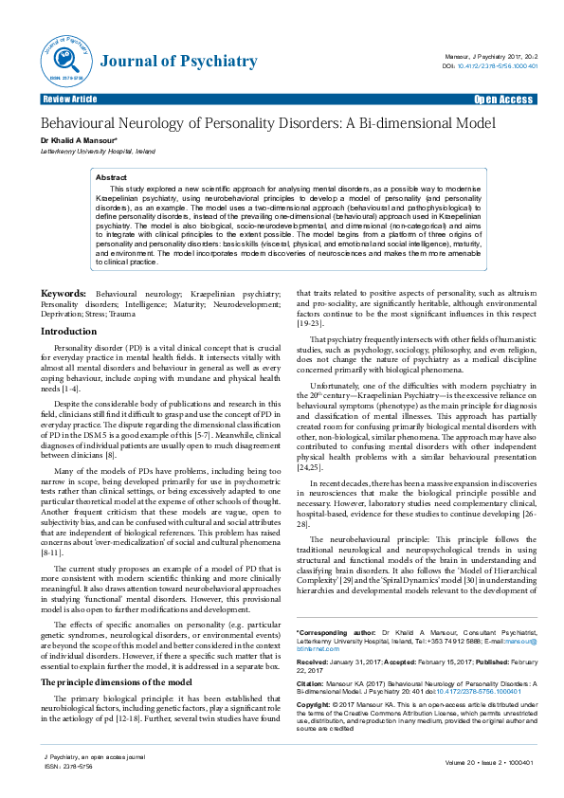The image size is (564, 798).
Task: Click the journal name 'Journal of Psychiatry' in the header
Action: (x=178, y=62)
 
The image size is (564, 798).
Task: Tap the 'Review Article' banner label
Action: (x=69, y=99)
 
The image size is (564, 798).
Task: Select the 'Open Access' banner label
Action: (x=503, y=99)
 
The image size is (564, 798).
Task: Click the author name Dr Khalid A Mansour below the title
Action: (x=78, y=140)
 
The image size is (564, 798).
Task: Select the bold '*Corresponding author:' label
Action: (x=333, y=631)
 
